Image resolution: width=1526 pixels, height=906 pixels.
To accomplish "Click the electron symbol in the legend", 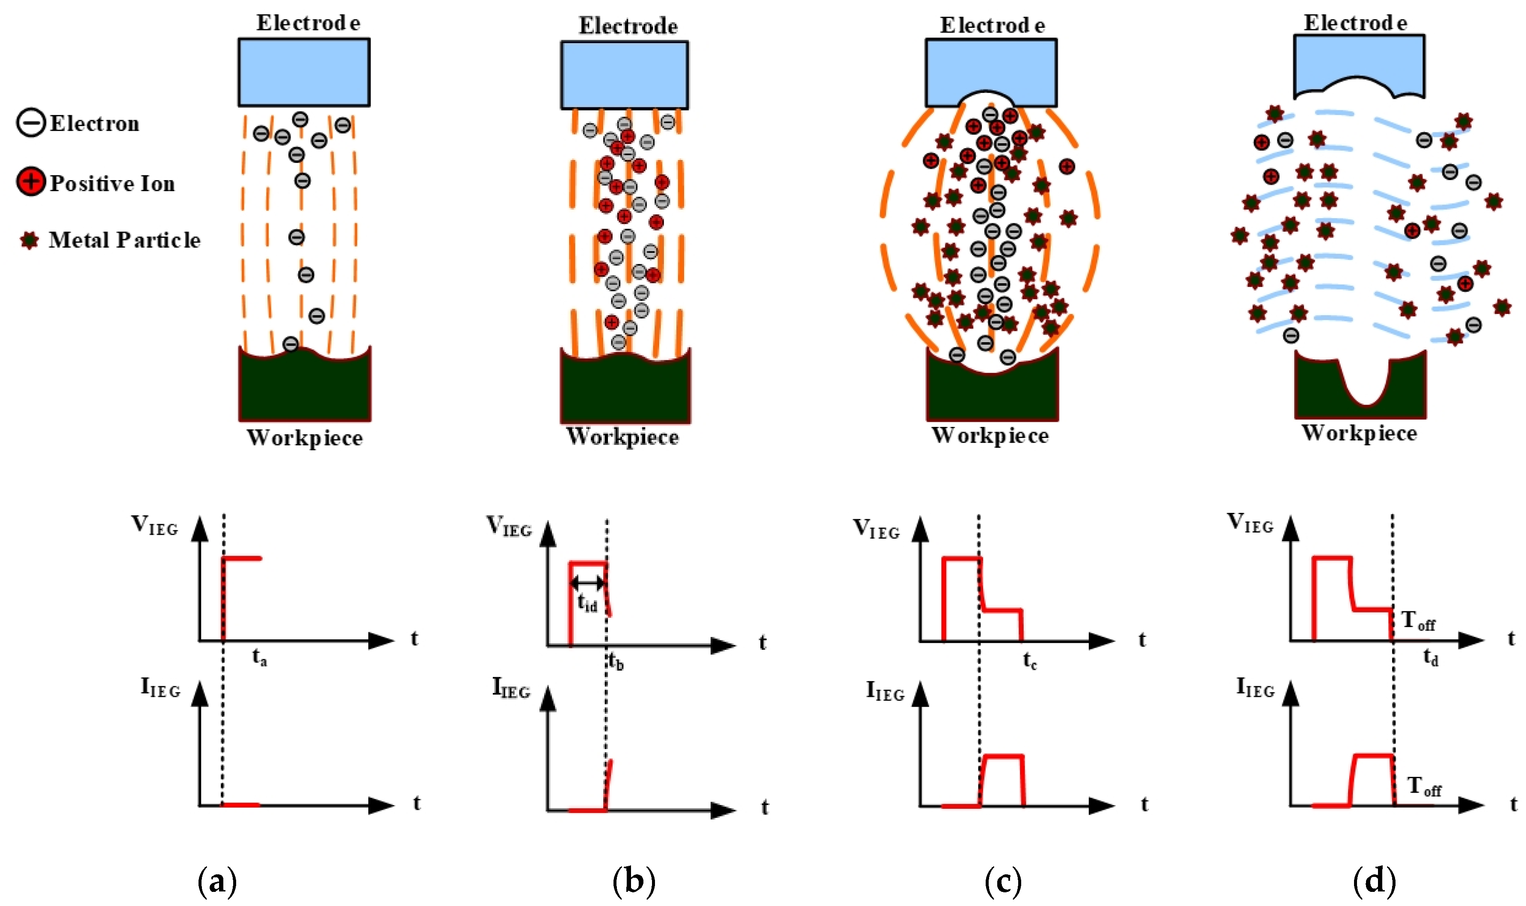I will pos(30,123).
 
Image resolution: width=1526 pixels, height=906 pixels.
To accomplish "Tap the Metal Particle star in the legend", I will pos(29,240).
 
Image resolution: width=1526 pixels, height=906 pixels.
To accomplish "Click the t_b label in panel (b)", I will pos(615,662).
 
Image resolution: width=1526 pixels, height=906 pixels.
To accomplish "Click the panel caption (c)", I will pos(1003,881).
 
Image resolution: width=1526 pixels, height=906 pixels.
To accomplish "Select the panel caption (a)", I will pos(217,881).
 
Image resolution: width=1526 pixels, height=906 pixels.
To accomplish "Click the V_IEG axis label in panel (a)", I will pos(154,525).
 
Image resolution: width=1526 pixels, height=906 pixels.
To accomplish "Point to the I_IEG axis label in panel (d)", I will pos(1255,687).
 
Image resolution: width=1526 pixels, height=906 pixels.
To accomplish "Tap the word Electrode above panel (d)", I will pos(1355,23).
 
